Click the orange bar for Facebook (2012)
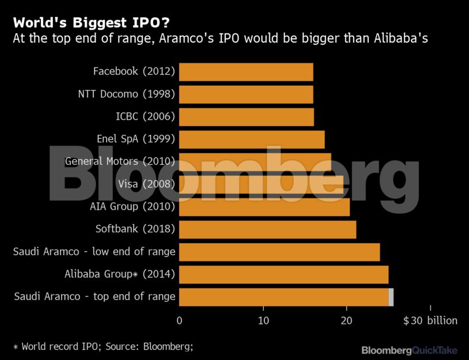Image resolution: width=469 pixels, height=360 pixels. (x=246, y=72)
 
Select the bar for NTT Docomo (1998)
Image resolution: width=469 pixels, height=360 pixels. (x=246, y=94)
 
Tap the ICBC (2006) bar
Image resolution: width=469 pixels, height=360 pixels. (x=247, y=117)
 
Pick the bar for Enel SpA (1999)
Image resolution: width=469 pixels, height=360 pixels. (x=252, y=139)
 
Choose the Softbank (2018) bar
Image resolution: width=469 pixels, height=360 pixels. (x=267, y=229)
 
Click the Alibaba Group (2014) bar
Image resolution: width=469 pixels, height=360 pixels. (x=283, y=274)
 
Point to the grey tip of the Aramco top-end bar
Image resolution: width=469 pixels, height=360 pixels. (x=391, y=297)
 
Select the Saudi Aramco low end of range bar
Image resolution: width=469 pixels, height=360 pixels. (x=279, y=252)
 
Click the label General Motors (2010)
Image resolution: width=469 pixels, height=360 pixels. (x=120, y=162)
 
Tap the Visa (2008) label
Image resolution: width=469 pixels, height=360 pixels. (x=146, y=184)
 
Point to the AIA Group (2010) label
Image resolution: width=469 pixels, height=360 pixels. (x=132, y=207)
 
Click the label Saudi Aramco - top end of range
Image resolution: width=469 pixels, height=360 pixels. (x=94, y=297)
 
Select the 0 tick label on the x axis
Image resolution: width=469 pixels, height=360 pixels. (x=180, y=321)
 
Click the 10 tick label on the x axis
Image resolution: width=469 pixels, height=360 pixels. (x=263, y=321)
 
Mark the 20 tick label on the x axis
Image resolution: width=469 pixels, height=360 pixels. (x=346, y=321)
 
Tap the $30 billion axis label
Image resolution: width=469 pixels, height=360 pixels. (x=430, y=321)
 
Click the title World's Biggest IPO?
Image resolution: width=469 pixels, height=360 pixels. (x=92, y=24)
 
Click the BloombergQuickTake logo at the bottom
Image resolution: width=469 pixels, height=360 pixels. (x=409, y=350)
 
